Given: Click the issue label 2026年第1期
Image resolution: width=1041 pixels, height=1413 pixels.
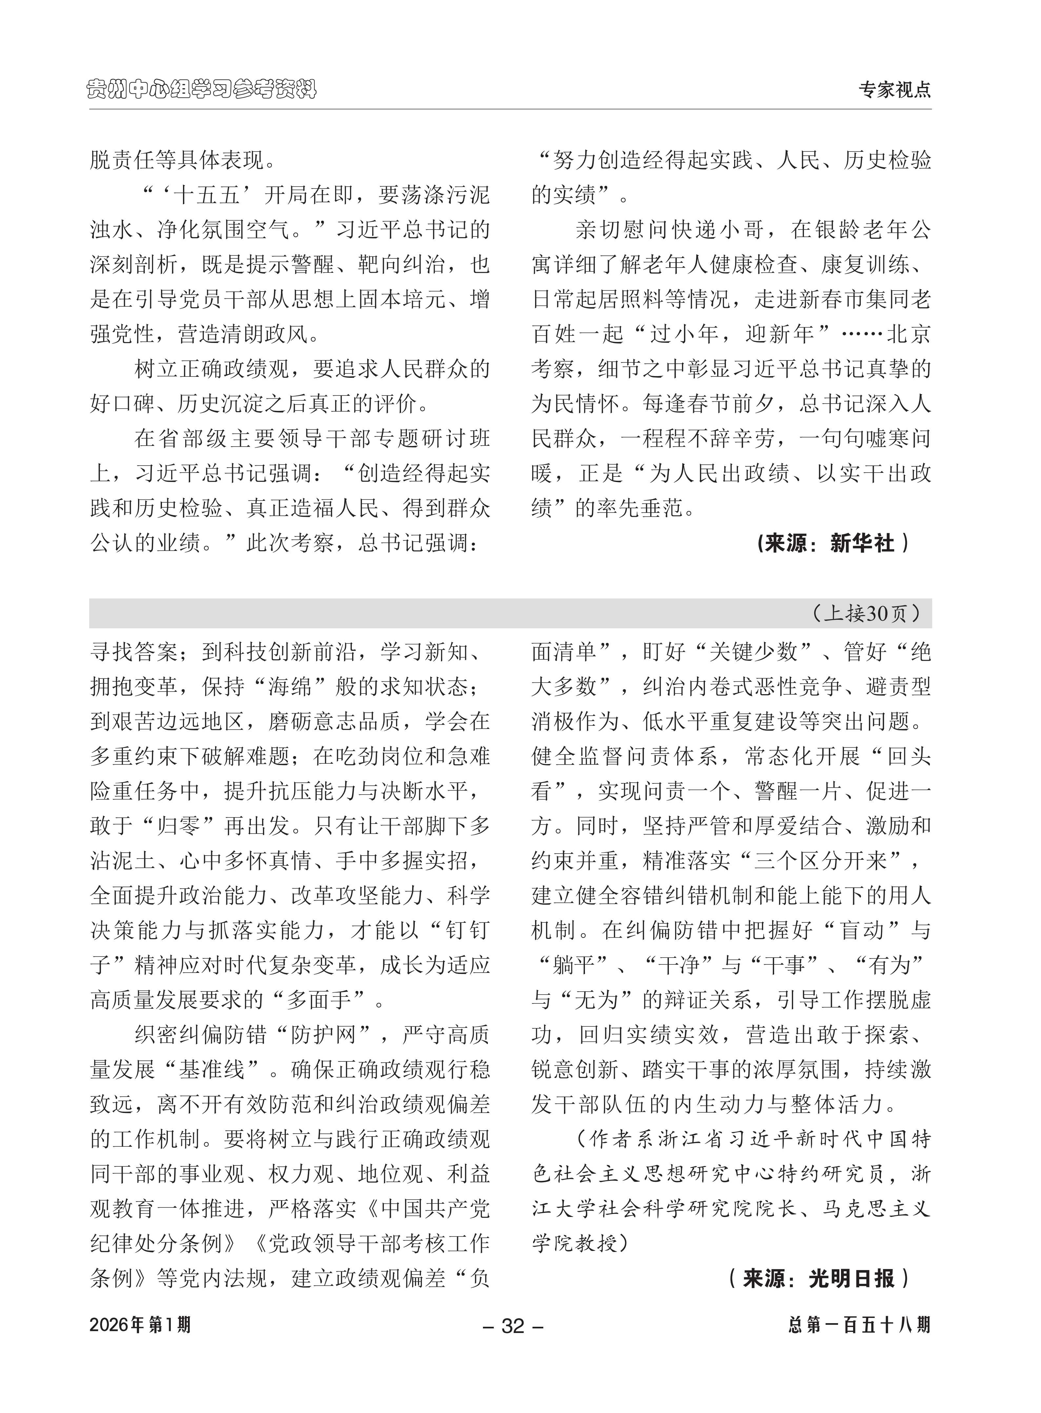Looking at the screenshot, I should (x=140, y=1325).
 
